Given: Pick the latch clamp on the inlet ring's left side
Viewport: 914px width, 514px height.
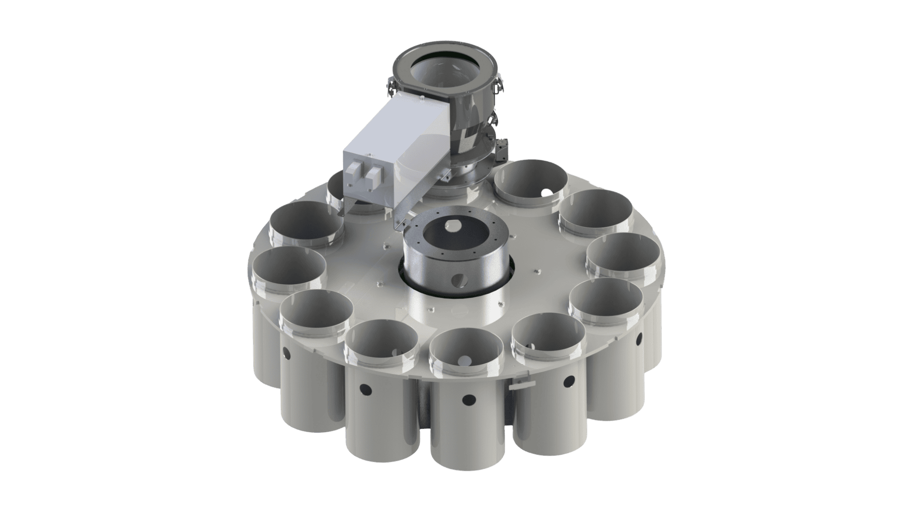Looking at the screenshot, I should [389, 89].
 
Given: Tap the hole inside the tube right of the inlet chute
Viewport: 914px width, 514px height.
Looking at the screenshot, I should [547, 192].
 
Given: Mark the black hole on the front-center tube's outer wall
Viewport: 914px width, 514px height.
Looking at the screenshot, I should [468, 399].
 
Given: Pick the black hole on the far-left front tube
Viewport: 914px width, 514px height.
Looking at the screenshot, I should [287, 353].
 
